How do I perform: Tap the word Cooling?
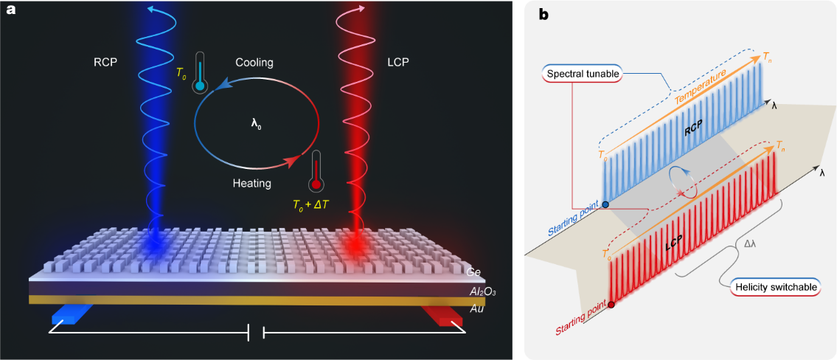(254, 63)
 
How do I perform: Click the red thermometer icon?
(316, 171)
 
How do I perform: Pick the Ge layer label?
(474, 272)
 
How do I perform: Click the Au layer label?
(477, 309)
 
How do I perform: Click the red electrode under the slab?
(442, 315)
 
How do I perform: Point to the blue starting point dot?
(605, 204)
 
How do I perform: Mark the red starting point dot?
(611, 303)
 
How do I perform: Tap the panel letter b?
(543, 14)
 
